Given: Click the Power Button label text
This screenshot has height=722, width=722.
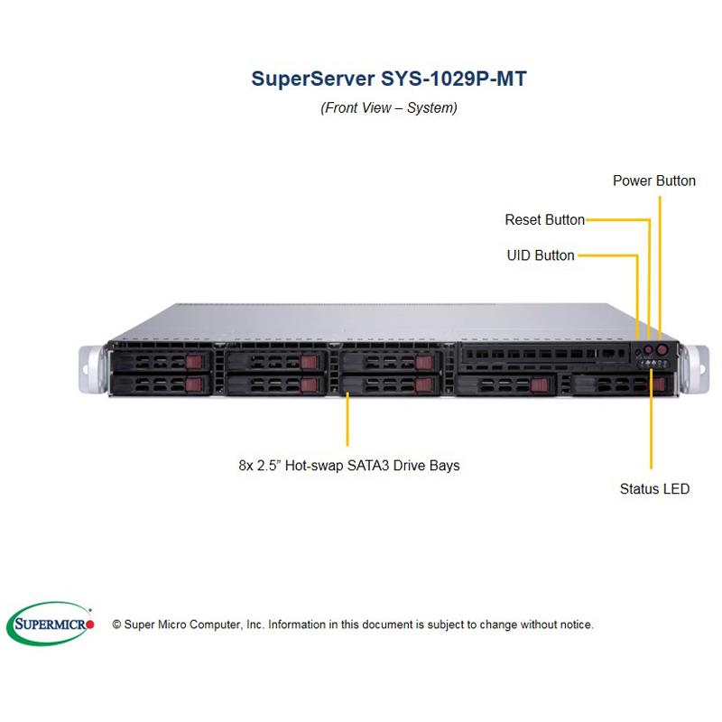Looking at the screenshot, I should pyautogui.click(x=653, y=180).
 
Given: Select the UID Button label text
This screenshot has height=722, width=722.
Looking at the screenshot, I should pyautogui.click(x=540, y=255).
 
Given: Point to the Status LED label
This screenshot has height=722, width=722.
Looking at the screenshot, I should pyautogui.click(x=654, y=489).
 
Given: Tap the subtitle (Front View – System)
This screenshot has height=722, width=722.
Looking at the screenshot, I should pyautogui.click(x=389, y=108).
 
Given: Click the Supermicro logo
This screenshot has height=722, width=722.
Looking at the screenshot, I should pyautogui.click(x=51, y=623).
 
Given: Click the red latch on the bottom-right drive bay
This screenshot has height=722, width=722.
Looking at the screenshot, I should pyautogui.click(x=659, y=385).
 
